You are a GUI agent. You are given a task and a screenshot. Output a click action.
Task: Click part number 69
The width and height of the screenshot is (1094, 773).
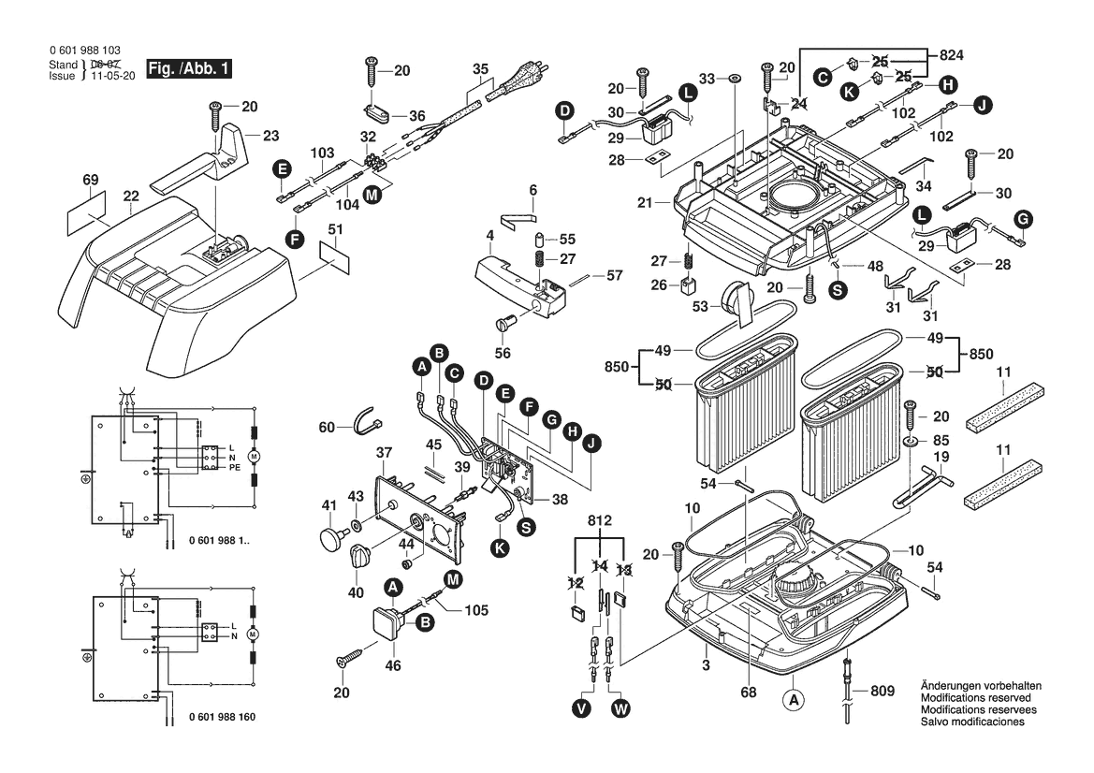pyautogui.click(x=90, y=179)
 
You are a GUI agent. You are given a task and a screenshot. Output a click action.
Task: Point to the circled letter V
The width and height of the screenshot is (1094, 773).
pyautogui.click(x=582, y=710)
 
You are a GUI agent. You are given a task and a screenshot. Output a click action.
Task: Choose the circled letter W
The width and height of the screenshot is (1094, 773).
pyautogui.click(x=620, y=710)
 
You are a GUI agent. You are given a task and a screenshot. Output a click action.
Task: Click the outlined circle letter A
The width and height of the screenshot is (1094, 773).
pyautogui.click(x=793, y=698)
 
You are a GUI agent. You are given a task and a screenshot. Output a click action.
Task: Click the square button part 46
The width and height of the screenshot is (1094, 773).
pyautogui.click(x=387, y=621)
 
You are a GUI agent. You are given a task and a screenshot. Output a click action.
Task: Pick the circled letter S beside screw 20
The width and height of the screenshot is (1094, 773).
pyautogui.click(x=837, y=290)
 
